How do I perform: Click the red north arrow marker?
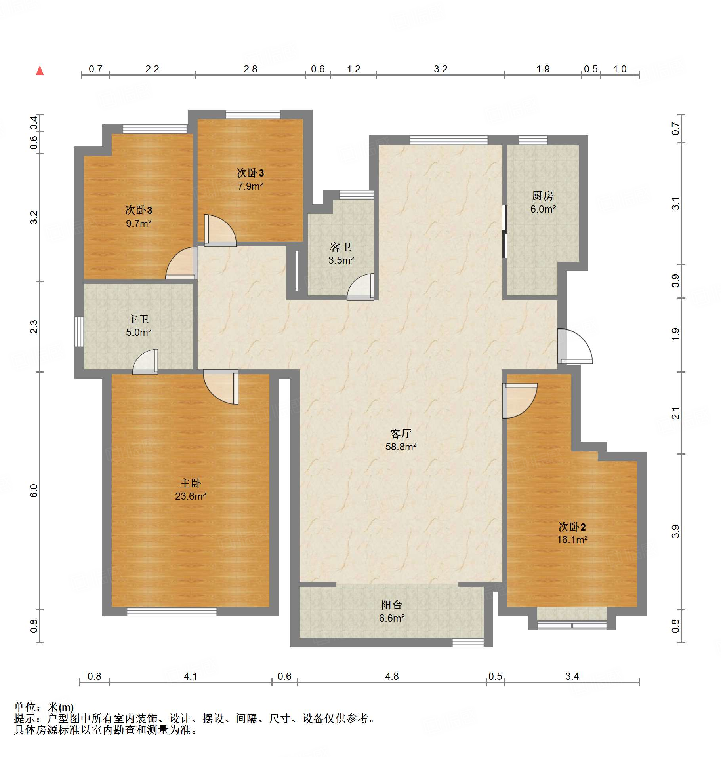tap(40, 70)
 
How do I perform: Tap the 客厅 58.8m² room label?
tap(401, 440)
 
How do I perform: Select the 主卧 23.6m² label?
tap(191, 489)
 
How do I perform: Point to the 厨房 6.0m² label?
tap(543, 202)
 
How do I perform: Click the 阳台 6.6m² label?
tap(392, 611)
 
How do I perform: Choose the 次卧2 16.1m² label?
tap(572, 533)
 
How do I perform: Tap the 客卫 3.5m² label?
tap(341, 253)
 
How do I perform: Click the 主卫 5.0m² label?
tap(139, 325)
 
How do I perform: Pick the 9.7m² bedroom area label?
tap(139, 223)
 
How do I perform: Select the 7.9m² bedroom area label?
tap(250, 186)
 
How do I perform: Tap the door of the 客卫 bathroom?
tap(360, 287)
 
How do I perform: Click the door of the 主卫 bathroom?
tap(145, 361)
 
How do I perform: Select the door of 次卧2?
tap(520, 401)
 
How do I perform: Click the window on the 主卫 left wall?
tap(79, 332)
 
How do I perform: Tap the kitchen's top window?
tap(533, 140)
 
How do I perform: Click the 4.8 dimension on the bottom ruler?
tap(392, 676)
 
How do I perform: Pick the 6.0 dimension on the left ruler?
tap(34, 491)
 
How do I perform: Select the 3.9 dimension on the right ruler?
tap(675, 531)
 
